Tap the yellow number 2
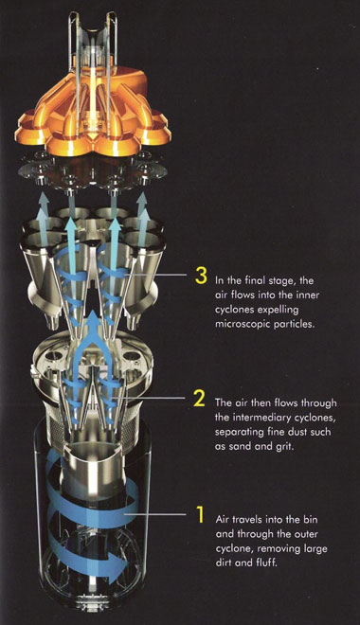pyautogui.click(x=200, y=399)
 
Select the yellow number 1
pyautogui.click(x=199, y=516)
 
